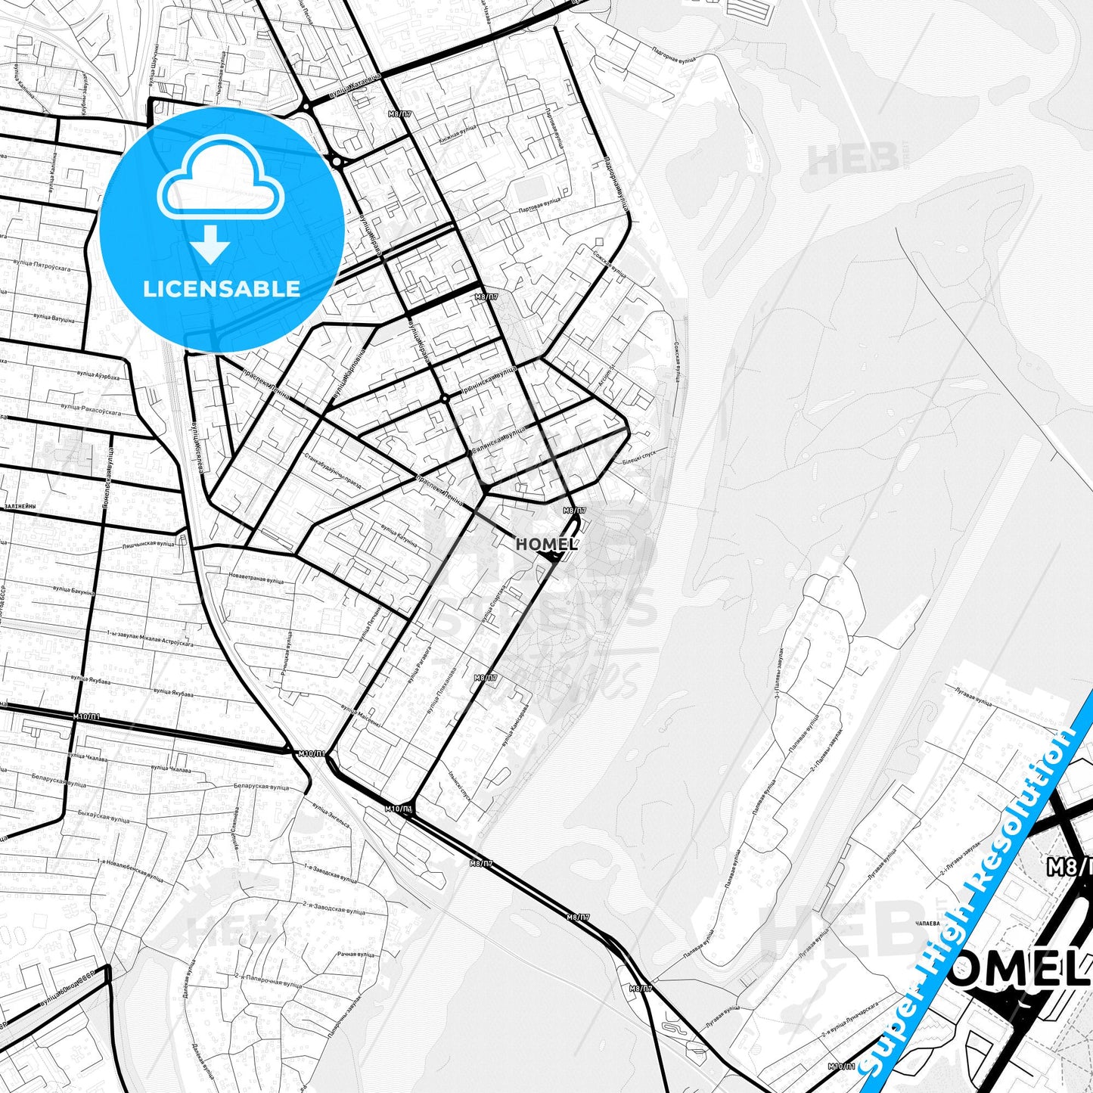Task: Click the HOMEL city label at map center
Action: [547, 544]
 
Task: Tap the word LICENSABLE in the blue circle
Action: [222, 288]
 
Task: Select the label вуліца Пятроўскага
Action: [42, 268]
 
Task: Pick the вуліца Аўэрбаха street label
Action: [98, 377]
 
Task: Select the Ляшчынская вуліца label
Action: [148, 544]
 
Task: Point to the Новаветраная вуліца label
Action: [256, 580]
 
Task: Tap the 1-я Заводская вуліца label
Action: [330, 872]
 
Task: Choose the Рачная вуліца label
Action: [356, 955]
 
